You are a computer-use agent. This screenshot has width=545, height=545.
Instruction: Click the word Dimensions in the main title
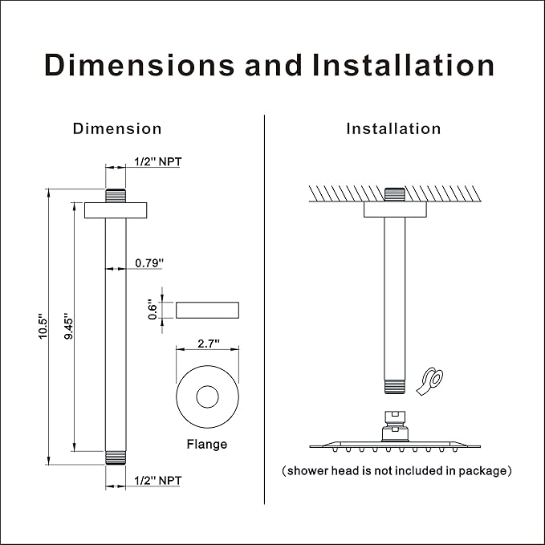(140, 65)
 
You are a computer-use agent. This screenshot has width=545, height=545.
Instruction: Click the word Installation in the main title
(404, 65)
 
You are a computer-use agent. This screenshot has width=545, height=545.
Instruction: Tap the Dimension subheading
(117, 129)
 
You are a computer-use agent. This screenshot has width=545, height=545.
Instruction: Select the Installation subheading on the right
(393, 129)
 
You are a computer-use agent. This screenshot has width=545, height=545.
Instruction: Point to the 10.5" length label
(43, 327)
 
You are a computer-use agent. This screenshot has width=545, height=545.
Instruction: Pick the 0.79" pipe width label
(149, 263)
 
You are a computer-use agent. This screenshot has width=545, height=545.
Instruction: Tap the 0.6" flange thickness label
(153, 309)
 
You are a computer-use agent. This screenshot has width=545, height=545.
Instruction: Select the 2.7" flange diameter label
(209, 344)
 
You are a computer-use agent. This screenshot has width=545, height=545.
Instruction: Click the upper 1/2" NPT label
(158, 161)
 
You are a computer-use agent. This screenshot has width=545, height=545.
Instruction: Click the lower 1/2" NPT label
(158, 481)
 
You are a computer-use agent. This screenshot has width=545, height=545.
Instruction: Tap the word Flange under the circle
(207, 444)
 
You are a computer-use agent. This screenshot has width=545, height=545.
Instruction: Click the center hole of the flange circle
(208, 397)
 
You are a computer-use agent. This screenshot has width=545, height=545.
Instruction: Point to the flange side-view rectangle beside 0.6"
(207, 310)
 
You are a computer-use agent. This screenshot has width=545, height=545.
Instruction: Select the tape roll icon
(430, 381)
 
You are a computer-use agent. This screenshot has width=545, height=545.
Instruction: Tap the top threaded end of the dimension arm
(116, 196)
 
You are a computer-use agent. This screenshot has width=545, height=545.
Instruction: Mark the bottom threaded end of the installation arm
(395, 387)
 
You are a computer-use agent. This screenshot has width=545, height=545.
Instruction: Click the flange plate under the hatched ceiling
(395, 209)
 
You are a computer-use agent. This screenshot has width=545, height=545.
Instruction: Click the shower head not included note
(397, 471)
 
